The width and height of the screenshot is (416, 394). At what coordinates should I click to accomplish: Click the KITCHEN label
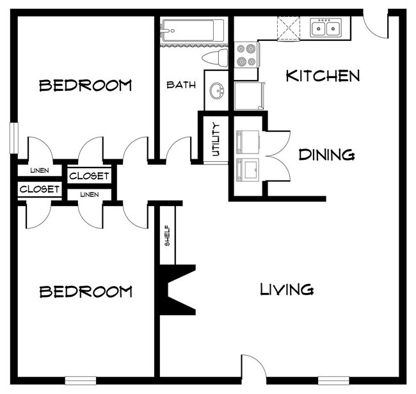point(323,76)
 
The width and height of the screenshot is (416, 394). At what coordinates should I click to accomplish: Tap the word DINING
point(326,154)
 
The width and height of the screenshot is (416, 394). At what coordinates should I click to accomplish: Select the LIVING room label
point(287,289)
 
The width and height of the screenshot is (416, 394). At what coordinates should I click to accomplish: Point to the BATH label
point(181,84)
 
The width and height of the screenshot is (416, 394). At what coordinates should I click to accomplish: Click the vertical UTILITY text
point(216,139)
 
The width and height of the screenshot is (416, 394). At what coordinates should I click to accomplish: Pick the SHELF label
point(167,235)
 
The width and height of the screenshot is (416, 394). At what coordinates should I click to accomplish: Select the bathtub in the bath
point(193,30)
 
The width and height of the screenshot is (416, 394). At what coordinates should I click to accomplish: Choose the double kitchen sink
point(326,28)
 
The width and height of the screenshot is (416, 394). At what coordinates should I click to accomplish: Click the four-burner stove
point(245,55)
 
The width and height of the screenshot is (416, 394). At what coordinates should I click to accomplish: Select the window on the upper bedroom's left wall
point(13,138)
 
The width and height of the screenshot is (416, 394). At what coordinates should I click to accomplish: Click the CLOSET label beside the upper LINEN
point(89,176)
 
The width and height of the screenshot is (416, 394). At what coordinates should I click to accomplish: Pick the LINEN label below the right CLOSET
point(89,194)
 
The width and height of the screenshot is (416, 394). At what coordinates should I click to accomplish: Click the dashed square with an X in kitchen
point(287,28)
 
